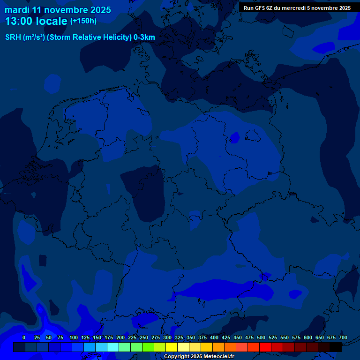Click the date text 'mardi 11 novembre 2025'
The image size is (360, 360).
(58, 10)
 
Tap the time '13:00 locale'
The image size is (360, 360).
(36, 21)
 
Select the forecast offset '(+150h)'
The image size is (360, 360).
(83, 21)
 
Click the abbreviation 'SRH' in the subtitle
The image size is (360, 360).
(13, 37)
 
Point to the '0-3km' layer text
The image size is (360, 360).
(144, 37)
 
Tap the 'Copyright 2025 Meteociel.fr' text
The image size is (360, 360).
(199, 356)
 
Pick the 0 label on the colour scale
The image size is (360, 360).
(24, 337)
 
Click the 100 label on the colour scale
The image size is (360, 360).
(74, 337)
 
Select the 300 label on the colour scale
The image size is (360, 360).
(167, 337)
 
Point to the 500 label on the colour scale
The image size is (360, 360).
(261, 337)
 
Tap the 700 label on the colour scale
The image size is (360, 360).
(343, 337)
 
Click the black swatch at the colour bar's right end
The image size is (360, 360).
(336, 347)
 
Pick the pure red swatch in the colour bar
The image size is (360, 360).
(265, 347)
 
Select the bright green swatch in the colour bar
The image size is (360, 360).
(148, 347)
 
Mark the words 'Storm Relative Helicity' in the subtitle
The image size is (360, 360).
(89, 37)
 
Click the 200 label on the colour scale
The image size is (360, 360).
(120, 337)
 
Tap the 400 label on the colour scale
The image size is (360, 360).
(214, 337)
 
